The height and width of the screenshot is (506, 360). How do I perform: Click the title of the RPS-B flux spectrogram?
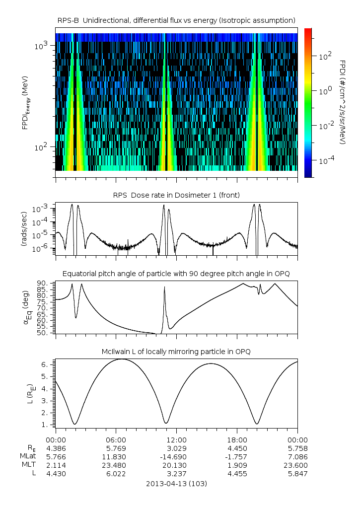[176, 20]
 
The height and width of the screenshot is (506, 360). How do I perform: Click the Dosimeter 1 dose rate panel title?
[176, 195]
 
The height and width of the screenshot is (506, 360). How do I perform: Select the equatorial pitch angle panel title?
[176, 274]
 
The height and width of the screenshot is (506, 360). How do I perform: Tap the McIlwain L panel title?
[176, 352]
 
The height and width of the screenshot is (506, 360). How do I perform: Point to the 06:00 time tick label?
[116, 439]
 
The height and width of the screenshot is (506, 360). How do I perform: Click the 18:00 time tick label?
[237, 439]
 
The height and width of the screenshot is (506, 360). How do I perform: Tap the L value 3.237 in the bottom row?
[176, 474]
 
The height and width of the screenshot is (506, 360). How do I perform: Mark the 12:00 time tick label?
[176, 439]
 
